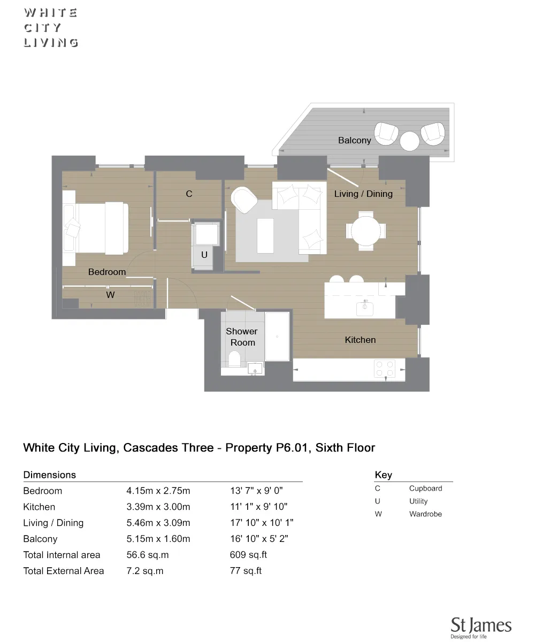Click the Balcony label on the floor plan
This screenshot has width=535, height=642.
pos(354,140)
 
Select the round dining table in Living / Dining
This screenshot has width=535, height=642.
pos(366,231)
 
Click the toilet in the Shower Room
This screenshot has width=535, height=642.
pos(234,358)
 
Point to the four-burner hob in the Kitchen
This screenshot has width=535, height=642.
pos(384,369)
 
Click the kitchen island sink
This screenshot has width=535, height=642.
pos(365,308)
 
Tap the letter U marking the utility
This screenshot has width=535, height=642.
pos(204,255)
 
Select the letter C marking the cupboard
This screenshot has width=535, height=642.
pos(189,194)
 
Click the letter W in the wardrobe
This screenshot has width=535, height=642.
pos(110,295)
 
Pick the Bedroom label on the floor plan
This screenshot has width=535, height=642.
pos(107,272)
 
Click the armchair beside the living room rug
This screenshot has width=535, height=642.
pos(244,200)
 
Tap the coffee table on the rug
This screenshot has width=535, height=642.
pos(265,235)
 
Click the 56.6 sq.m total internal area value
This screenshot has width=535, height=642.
pos(147,555)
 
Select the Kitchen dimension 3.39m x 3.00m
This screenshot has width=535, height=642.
pos(158,507)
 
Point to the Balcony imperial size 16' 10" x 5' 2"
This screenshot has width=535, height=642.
pos(259,539)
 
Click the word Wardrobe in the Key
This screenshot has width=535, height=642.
pos(425,514)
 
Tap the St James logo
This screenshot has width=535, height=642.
pos(480,628)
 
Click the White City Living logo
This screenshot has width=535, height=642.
pos(51,28)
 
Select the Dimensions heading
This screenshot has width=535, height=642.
pos(50,475)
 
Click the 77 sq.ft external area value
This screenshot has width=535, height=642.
pos(246,571)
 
